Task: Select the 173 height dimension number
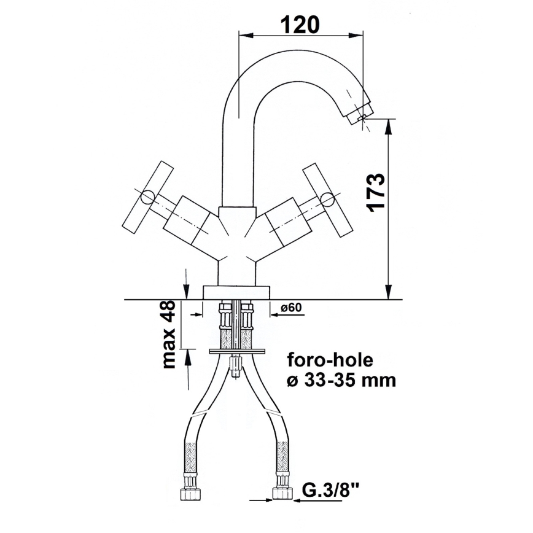click(375, 192)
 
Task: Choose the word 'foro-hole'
click(329, 359)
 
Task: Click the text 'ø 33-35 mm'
click(341, 379)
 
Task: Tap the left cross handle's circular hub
click(148, 198)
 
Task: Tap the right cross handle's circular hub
click(328, 198)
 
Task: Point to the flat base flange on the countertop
click(236, 292)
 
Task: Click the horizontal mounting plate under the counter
click(237, 351)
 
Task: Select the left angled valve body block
click(189, 220)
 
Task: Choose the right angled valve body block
click(284, 220)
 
